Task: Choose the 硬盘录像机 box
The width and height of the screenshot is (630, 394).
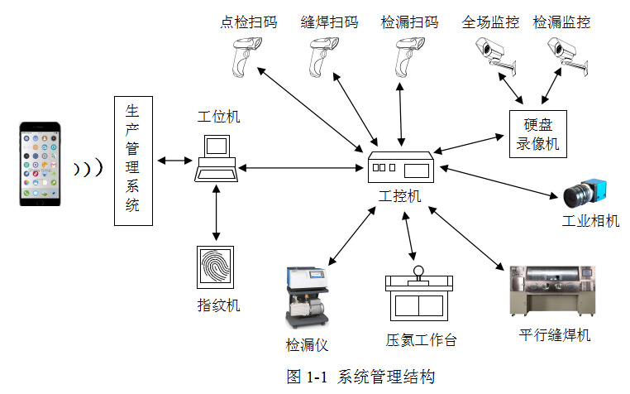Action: (538, 134)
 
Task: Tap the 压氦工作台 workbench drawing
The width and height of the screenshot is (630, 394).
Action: (419, 296)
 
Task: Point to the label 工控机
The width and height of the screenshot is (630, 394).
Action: (400, 196)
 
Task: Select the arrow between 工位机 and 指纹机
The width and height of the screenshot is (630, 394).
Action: (217, 214)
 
